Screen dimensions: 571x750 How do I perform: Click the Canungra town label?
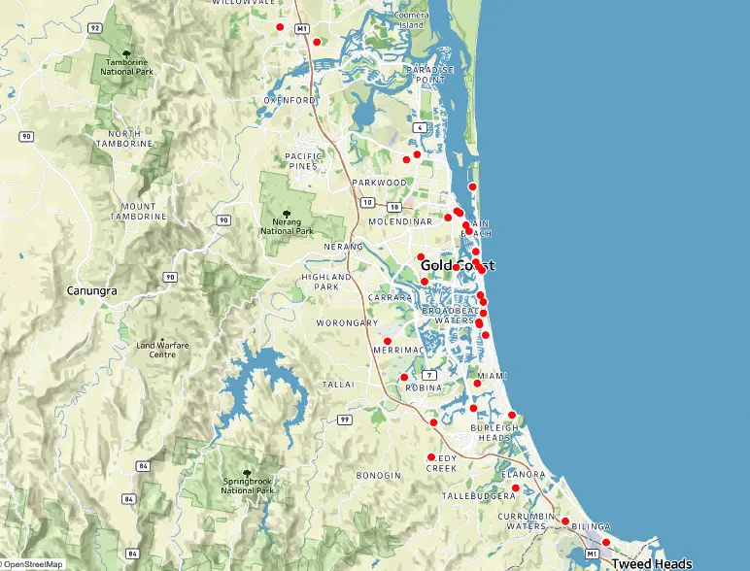coord(93,290)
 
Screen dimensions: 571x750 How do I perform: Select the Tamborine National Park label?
coord(125,67)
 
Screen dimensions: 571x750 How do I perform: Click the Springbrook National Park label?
coord(247,486)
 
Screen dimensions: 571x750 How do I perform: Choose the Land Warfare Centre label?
coord(161,350)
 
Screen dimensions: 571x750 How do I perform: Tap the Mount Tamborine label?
coord(139,212)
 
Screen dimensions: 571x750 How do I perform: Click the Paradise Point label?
coord(430,75)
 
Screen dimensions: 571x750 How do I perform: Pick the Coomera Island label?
coord(411,20)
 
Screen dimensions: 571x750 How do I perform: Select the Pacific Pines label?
coord(302,161)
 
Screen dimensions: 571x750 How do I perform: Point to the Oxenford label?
coord(290,100)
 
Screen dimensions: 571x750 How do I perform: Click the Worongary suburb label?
coord(347,322)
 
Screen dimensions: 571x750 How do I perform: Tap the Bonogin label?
coord(379,475)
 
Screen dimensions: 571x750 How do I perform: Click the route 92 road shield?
coord(94,28)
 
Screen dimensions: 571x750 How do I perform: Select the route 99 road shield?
coord(344,420)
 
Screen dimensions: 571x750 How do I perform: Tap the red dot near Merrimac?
coord(388,340)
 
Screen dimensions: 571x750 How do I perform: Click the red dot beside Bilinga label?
coord(565,521)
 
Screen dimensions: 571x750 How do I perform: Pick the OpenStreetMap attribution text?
coord(32,564)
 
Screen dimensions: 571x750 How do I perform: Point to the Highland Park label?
coord(321,282)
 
